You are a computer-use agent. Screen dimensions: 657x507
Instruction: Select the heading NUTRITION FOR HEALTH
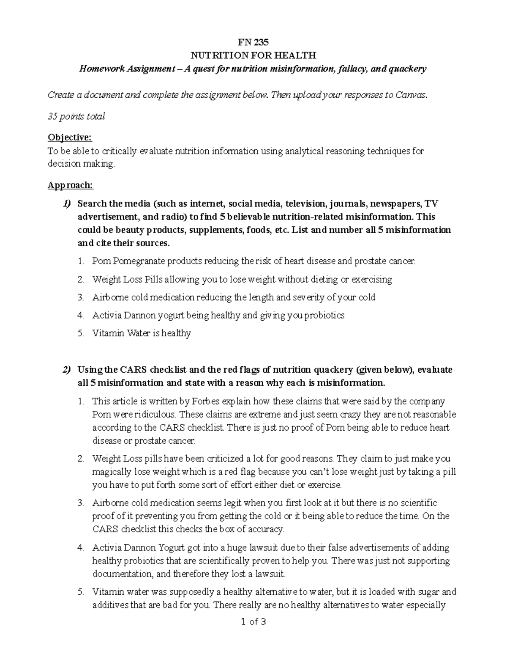tap(253, 55)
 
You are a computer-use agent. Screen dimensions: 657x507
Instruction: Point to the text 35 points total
tap(76, 116)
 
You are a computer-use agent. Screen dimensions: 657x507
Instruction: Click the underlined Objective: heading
tap(69, 137)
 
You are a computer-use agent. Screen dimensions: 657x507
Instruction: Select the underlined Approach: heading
tap(70, 185)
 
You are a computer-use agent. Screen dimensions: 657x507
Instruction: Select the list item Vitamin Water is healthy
tap(142, 333)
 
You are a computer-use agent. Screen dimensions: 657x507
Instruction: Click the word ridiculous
tap(157, 414)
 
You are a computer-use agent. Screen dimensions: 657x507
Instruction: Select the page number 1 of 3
tap(253, 622)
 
